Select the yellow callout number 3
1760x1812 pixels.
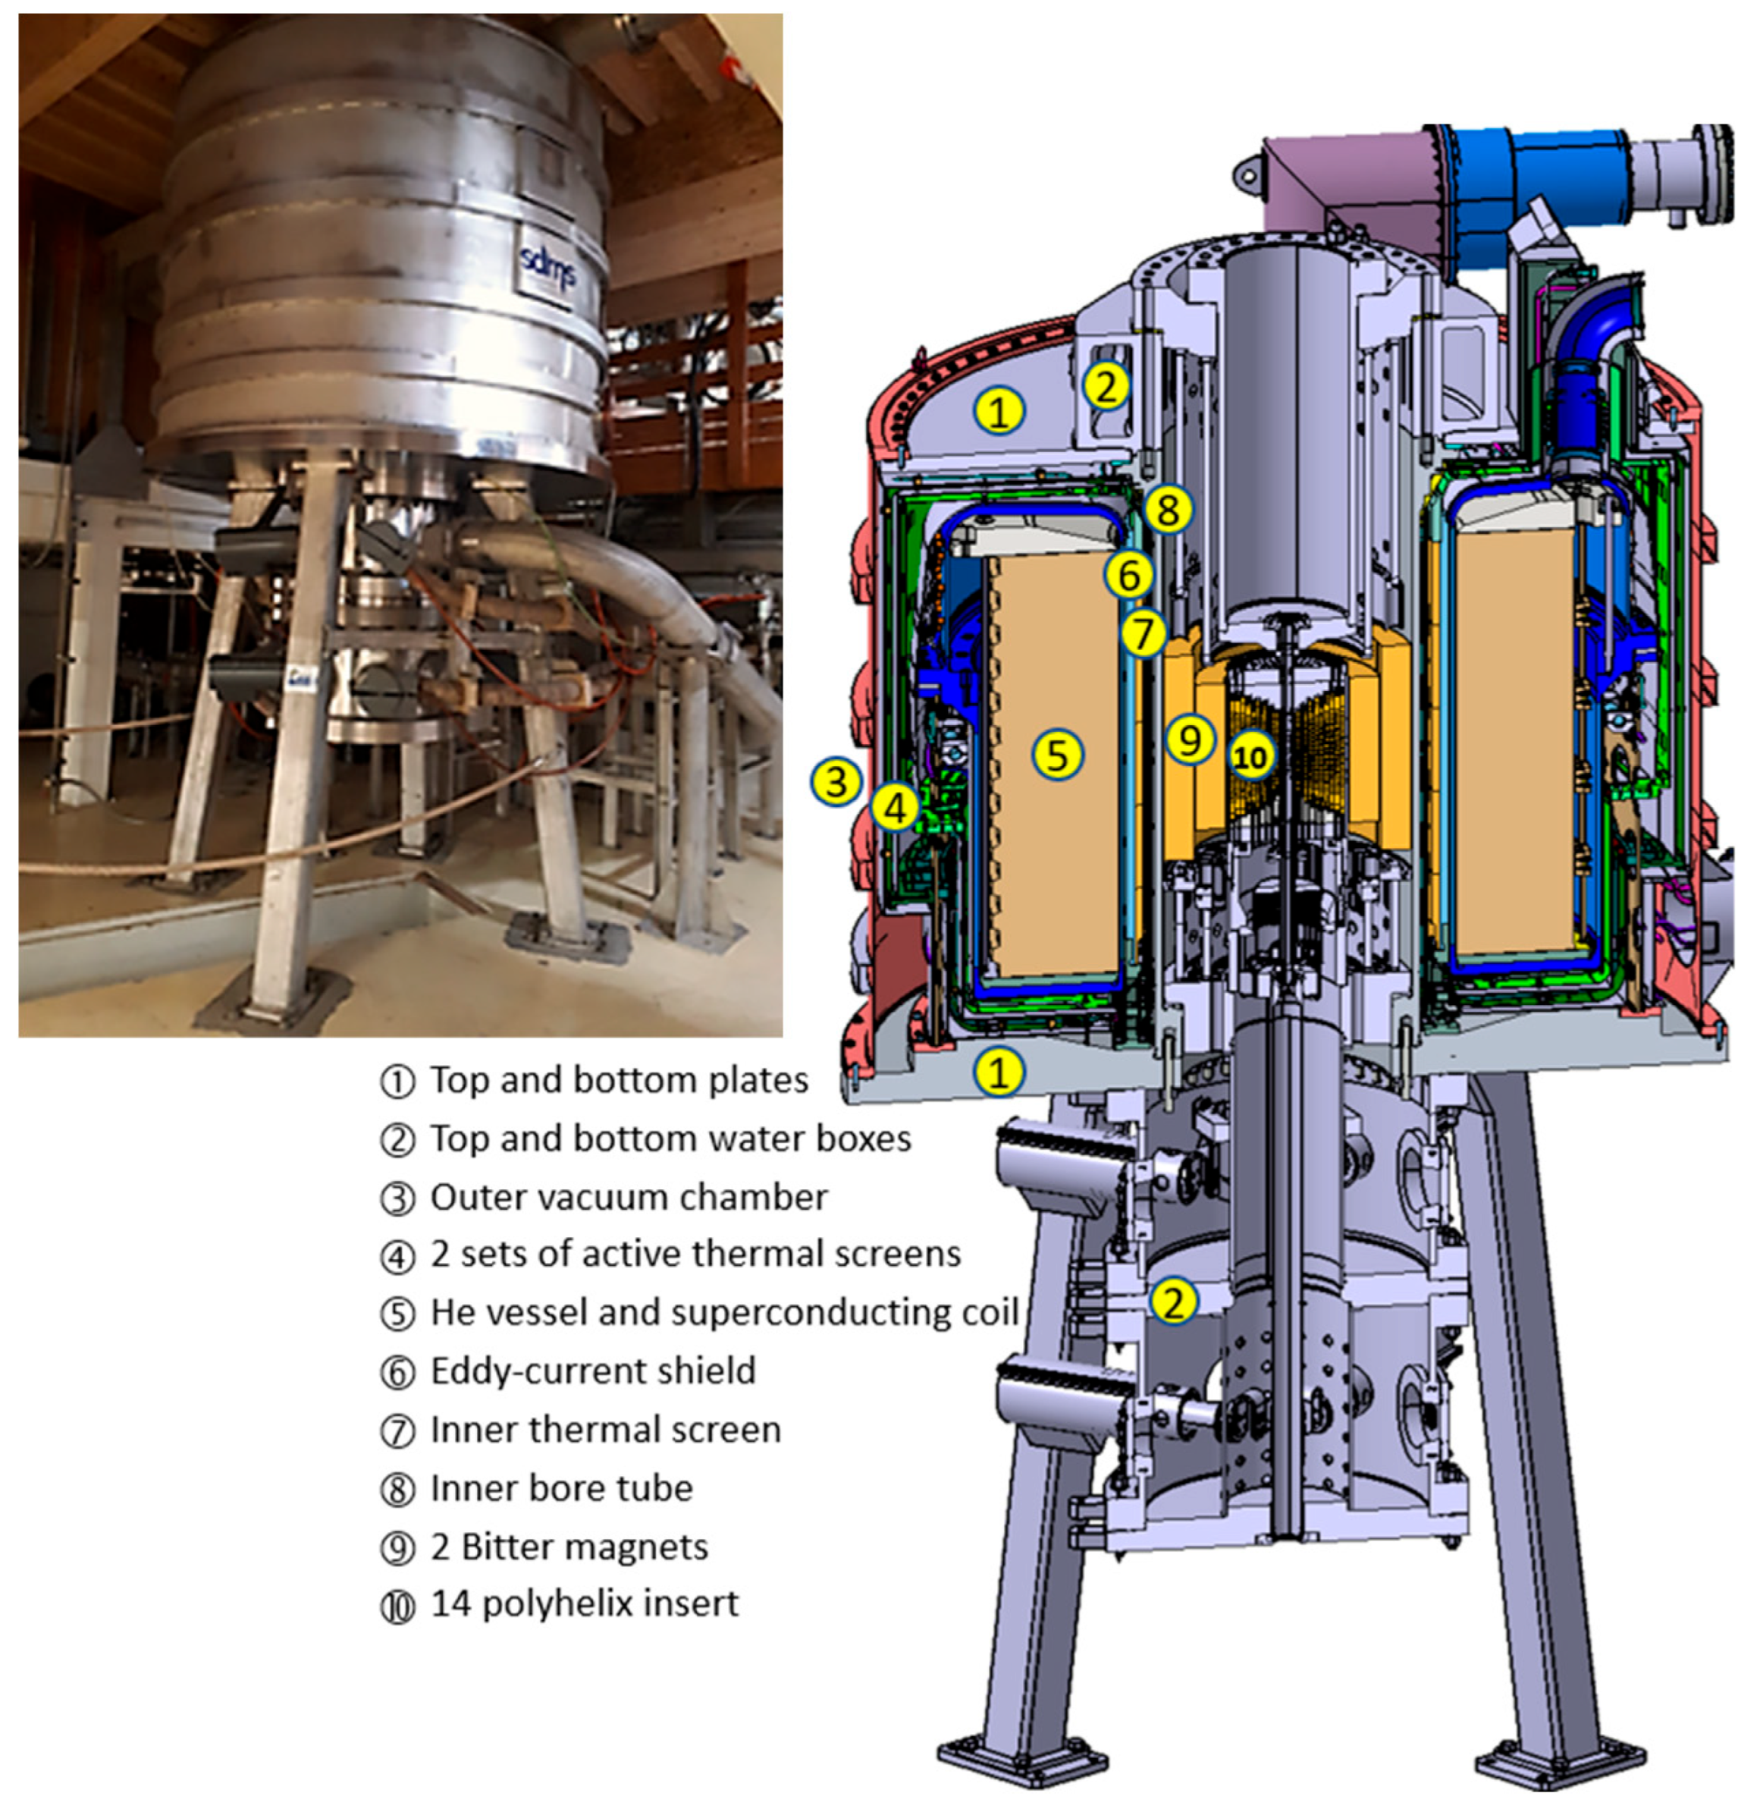[836, 781]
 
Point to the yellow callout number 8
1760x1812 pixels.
[1169, 508]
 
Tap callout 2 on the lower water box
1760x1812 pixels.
[1173, 1302]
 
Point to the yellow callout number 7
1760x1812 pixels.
[1144, 634]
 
